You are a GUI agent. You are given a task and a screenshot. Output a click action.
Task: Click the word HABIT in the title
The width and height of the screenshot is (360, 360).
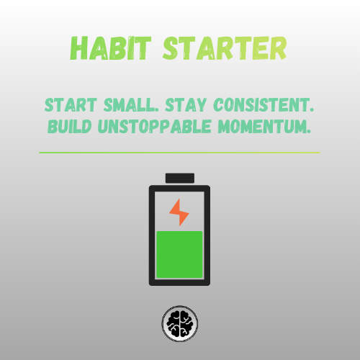(115, 48)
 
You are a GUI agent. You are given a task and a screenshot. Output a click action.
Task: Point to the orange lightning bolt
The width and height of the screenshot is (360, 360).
(179, 212)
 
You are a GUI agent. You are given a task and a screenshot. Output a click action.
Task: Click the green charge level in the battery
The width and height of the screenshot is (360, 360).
(179, 255)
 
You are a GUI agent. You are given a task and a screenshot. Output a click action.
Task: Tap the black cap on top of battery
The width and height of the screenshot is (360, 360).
(179, 178)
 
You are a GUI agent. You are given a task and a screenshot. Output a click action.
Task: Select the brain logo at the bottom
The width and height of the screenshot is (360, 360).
(179, 325)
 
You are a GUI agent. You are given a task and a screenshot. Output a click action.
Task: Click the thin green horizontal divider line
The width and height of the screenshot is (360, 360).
(179, 153)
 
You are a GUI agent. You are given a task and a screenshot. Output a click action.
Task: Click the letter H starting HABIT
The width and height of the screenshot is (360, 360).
(79, 48)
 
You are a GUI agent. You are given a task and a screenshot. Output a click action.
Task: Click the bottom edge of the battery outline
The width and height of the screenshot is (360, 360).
(179, 283)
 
